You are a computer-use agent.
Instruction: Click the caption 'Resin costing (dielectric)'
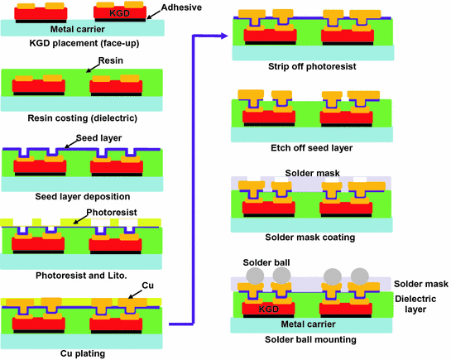coord(82,118)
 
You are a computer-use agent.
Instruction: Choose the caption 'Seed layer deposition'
coord(82,196)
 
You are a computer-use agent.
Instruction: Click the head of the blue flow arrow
coord(224,36)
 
